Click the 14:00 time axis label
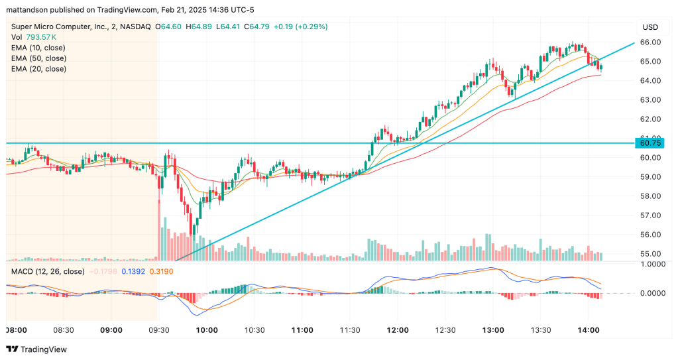click(589, 330)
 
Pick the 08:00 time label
click(16, 330)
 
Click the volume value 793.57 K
click(42, 37)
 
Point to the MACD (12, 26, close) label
click(47, 271)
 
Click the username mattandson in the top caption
click(28, 9)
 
